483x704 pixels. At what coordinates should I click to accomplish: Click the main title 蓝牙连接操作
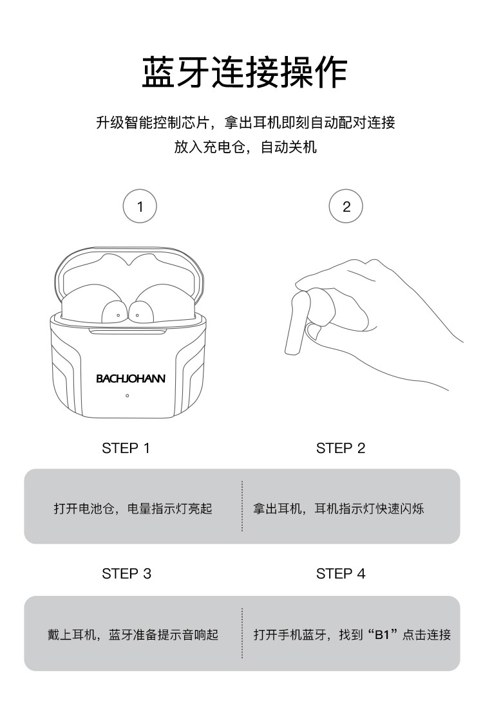pyautogui.click(x=245, y=72)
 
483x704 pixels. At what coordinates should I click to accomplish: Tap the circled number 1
pyautogui.click(x=140, y=206)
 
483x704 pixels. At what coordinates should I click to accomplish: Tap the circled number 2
pyautogui.click(x=346, y=206)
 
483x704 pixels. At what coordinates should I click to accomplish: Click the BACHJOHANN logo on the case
pyautogui.click(x=130, y=378)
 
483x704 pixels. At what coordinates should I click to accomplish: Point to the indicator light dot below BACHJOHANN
pyautogui.click(x=127, y=396)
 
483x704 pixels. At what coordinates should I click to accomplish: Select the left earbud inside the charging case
pyautogui.click(x=113, y=311)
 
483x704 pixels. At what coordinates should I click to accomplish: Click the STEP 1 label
pyautogui.click(x=126, y=448)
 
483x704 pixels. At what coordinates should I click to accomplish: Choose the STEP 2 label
pyautogui.click(x=341, y=448)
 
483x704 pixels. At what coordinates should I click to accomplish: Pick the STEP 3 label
pyautogui.click(x=126, y=573)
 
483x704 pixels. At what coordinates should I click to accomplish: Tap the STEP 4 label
pyautogui.click(x=341, y=573)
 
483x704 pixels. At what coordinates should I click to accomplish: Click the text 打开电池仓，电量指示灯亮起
pyautogui.click(x=133, y=508)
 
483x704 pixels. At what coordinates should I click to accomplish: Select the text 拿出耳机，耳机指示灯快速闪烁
pyautogui.click(x=338, y=508)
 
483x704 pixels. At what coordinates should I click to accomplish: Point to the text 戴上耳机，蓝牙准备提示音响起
pyautogui.click(x=133, y=635)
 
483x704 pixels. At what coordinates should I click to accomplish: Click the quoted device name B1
pyautogui.click(x=381, y=635)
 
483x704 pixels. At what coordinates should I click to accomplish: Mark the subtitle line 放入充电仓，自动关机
pyautogui.click(x=245, y=147)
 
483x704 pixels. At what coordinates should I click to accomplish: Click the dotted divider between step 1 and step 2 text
pyautogui.click(x=242, y=506)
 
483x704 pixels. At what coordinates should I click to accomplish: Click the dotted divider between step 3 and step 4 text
pyautogui.click(x=242, y=633)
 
